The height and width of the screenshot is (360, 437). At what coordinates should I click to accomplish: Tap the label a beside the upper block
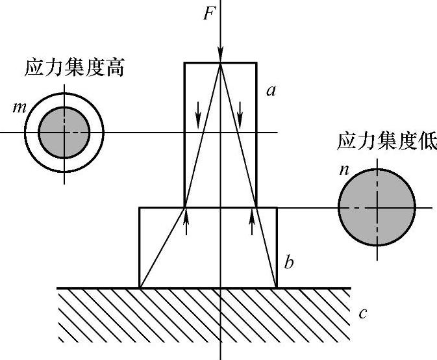[x=271, y=91]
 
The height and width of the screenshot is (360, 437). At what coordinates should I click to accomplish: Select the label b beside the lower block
[x=290, y=263]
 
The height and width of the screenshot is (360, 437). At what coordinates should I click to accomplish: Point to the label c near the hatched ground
[x=363, y=314]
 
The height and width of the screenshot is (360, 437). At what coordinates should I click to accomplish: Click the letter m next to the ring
[x=18, y=106]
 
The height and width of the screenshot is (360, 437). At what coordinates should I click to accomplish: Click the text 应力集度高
[x=75, y=67]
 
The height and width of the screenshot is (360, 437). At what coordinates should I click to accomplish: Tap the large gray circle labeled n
[x=377, y=208]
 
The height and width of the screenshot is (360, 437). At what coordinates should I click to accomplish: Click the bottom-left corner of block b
[x=140, y=287]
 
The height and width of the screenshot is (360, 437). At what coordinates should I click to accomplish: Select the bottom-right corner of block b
[x=277, y=287]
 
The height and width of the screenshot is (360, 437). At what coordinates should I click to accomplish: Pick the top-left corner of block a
[x=184, y=62]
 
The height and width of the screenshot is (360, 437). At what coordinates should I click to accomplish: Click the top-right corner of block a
[x=256, y=62]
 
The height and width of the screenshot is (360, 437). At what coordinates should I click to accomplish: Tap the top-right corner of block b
[x=277, y=207]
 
